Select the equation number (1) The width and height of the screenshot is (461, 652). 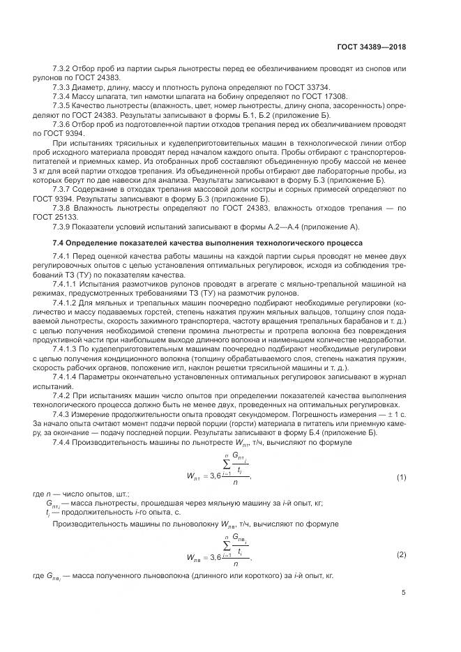tap(401, 477)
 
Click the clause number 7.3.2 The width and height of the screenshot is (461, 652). tap(63, 68)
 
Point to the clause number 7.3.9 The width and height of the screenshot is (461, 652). tap(63, 227)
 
